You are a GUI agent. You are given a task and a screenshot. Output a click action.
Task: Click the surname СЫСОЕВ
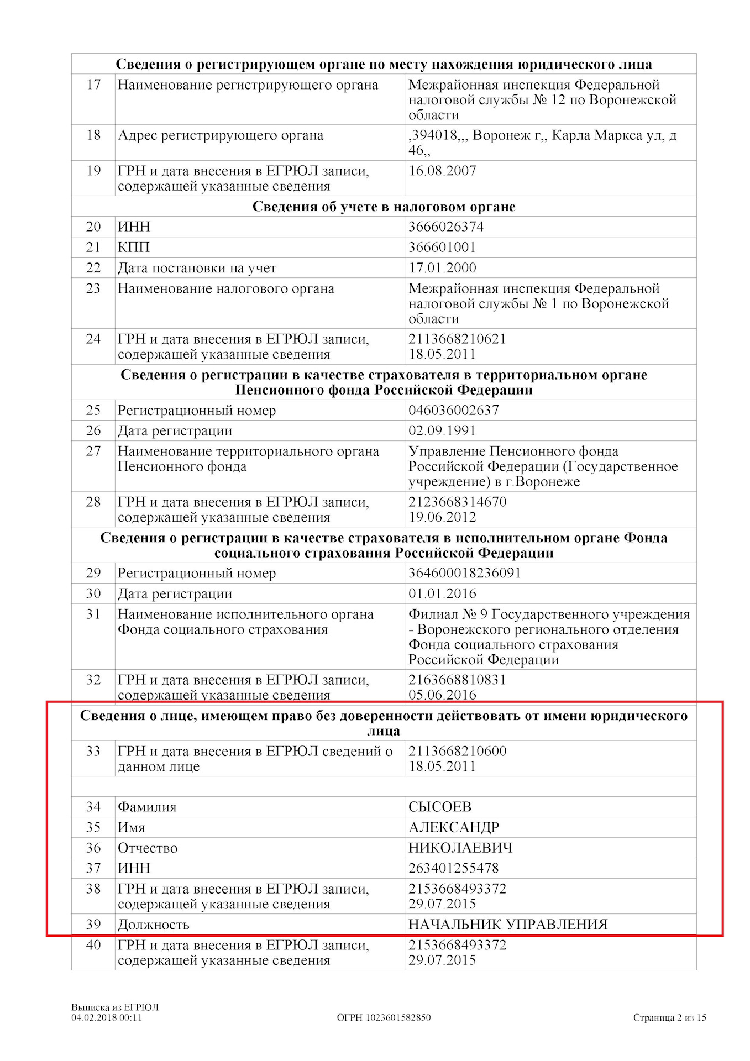[440, 807]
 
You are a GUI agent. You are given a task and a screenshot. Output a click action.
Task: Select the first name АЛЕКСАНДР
[454, 827]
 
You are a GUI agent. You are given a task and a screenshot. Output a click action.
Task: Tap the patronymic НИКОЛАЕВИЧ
[460, 848]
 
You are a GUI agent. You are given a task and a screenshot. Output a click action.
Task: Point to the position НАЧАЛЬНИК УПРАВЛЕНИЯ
[508, 925]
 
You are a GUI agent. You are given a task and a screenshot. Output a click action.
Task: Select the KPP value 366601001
[442, 247]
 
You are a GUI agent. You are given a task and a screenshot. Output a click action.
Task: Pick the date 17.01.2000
[442, 268]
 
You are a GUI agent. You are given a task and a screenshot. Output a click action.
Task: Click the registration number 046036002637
[453, 410]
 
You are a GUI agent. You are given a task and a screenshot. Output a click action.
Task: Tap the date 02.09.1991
[442, 430]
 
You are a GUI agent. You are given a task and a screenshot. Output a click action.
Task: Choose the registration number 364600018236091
[464, 573]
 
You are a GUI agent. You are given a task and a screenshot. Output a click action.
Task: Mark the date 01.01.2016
[442, 593]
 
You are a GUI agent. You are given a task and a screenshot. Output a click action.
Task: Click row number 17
[93, 85]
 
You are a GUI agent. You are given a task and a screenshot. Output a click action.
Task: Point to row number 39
[93, 924]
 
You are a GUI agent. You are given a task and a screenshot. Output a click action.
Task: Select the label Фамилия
[147, 807]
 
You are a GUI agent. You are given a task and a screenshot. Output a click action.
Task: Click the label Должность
[154, 925]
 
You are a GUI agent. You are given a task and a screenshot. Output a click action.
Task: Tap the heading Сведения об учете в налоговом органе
[384, 206]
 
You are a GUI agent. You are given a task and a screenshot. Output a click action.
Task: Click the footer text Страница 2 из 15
[669, 1017]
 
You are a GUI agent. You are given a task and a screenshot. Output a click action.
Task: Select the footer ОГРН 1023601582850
[384, 1017]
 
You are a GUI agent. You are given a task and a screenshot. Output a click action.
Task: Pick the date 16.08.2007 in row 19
[442, 171]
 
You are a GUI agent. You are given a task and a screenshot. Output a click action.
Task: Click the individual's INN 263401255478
[453, 868]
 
